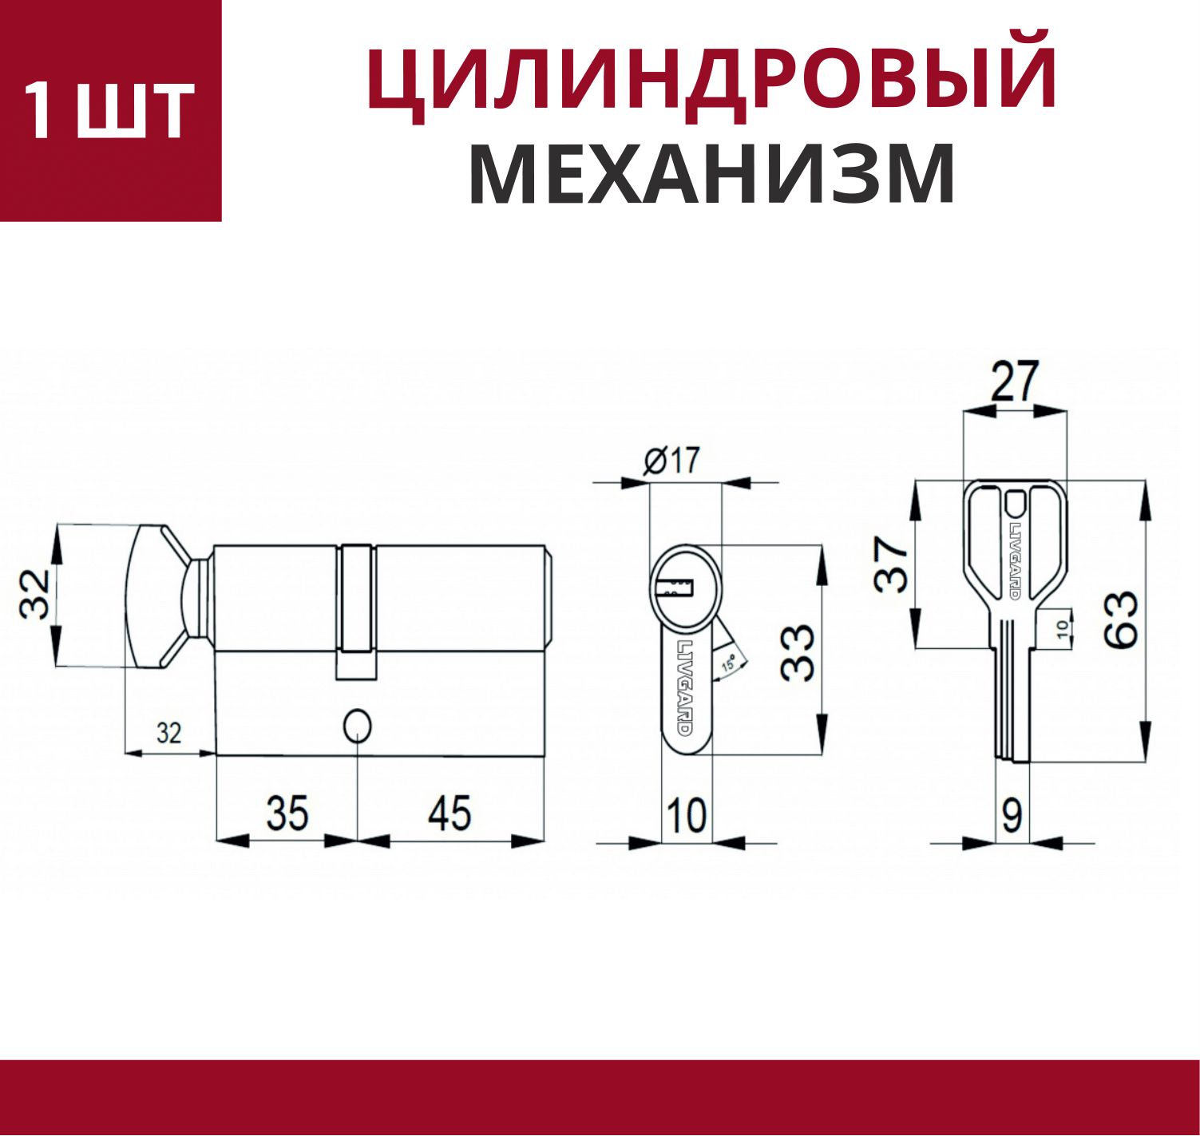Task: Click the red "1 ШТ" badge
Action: point(110,110)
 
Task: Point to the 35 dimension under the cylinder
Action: point(287,813)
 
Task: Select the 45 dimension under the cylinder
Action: point(450,813)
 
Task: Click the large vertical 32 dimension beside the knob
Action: point(34,594)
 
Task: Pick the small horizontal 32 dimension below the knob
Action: point(169,733)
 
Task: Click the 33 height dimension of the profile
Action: point(798,653)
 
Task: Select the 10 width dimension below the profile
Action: point(687,816)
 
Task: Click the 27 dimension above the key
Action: point(1015,381)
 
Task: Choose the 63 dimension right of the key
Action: point(1121,619)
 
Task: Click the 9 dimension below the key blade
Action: point(1012,816)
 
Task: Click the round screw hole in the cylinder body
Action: point(358,725)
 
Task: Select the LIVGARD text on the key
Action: point(1014,553)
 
